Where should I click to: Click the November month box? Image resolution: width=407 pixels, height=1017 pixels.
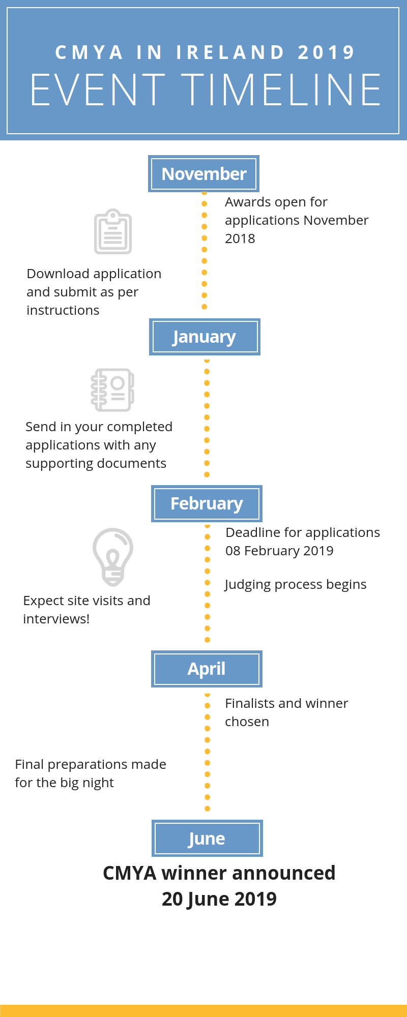[203, 174]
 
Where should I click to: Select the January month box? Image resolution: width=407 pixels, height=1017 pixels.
[205, 337]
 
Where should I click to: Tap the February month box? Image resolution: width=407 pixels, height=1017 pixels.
[207, 503]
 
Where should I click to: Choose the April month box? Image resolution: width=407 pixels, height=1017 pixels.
[207, 669]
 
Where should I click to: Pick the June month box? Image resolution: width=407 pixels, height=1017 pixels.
[207, 838]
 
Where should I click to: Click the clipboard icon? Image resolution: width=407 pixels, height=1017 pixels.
[113, 231]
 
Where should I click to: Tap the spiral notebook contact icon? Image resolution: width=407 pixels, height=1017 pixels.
[112, 390]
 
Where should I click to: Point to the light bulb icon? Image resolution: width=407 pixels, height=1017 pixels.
[113, 557]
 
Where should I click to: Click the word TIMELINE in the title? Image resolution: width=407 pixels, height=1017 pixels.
[281, 89]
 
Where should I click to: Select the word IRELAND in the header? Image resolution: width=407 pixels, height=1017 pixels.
[230, 52]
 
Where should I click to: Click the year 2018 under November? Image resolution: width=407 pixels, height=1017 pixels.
[240, 238]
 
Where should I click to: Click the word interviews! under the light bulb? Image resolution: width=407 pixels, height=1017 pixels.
[56, 619]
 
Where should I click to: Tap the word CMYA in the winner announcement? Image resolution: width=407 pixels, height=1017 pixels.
[130, 873]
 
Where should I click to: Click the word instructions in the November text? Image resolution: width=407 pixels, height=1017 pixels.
[63, 310]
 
